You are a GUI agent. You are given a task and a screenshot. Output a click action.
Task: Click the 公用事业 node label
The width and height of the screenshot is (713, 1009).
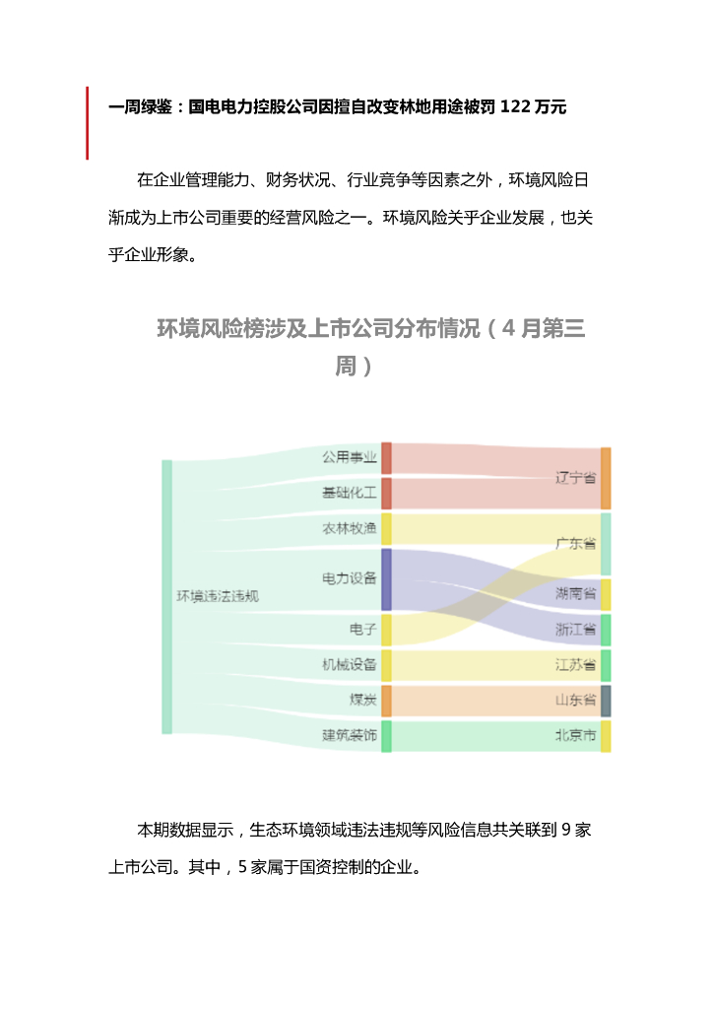350,457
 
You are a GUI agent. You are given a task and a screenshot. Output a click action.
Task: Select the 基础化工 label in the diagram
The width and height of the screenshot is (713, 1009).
350,493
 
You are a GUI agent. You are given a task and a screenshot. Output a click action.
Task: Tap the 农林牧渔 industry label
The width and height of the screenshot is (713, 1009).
350,529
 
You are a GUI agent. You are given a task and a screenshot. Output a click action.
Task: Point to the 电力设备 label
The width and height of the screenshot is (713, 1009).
350,578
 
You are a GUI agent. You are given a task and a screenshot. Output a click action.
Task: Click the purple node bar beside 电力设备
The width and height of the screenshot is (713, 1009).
387,578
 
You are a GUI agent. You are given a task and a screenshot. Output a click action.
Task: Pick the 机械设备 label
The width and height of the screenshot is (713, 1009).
350,665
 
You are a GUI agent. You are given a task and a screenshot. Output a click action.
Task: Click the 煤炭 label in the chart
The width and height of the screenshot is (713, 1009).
362,701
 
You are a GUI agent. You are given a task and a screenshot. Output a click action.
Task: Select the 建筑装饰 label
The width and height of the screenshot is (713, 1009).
350,735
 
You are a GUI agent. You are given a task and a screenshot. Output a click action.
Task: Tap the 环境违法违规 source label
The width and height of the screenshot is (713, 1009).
218,596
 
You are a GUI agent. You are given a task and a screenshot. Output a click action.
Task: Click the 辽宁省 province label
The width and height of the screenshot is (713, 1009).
575,478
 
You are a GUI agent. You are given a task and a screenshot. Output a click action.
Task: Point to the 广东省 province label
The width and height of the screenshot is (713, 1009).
575,543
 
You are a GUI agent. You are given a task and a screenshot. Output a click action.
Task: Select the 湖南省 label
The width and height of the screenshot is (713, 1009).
575,593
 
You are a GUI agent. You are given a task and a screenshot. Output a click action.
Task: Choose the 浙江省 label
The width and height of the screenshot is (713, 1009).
575,629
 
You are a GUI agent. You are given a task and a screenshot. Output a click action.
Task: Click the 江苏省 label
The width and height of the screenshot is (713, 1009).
575,665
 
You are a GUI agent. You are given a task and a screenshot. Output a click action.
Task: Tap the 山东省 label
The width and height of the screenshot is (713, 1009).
575,701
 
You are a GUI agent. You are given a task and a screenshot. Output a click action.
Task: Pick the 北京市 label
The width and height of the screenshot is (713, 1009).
575,735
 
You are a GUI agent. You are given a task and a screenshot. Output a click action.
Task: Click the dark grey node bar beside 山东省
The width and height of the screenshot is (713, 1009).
607,701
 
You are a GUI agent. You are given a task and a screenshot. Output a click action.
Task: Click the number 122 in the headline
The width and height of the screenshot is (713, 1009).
514,105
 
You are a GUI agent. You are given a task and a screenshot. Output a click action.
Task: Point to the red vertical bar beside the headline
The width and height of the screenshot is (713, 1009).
88,122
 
